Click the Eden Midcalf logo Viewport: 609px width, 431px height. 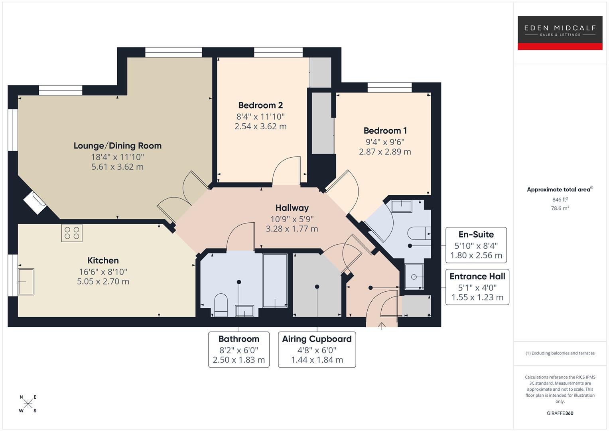(560, 33)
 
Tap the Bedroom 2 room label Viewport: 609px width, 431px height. (260, 105)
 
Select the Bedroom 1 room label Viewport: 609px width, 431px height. (385, 130)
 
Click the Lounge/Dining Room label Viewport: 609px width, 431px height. (117, 146)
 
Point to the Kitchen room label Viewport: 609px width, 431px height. (103, 261)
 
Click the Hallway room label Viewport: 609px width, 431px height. (292, 208)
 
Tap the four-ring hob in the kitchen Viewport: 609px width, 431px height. (72, 233)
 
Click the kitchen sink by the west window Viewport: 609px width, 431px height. (26, 281)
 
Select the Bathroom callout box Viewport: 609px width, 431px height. (238, 349)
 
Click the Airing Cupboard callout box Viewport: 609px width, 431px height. (317, 349)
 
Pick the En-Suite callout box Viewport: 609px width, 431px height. (476, 245)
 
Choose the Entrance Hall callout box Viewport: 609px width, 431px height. (477, 287)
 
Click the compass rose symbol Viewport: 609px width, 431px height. (28, 403)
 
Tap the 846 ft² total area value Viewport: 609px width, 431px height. (560, 200)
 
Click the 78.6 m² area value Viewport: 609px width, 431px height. (560, 208)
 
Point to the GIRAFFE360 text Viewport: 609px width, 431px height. (560, 413)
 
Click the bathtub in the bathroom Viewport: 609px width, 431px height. (275, 280)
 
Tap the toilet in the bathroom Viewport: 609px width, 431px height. (221, 304)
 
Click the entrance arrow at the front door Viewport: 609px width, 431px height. (382, 326)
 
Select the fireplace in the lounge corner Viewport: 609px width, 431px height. (35, 203)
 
